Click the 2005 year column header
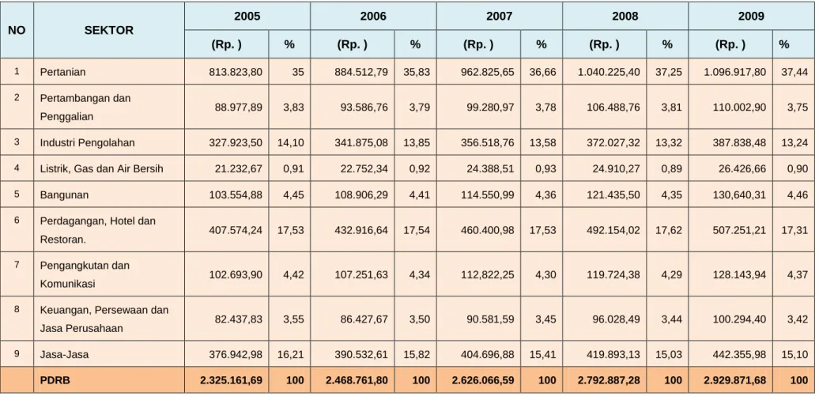tap(247, 16)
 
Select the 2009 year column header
tap(751, 16)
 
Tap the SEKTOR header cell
tap(108, 30)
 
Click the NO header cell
tap(17, 30)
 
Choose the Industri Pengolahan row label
tap(88, 142)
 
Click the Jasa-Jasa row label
tap(64, 354)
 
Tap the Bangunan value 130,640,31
tap(740, 194)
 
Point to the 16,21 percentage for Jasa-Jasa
tap(291, 354)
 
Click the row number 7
tap(17, 264)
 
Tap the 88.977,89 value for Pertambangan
tap(239, 107)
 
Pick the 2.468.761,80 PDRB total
tap(357, 380)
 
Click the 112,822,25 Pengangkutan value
tap(487, 274)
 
